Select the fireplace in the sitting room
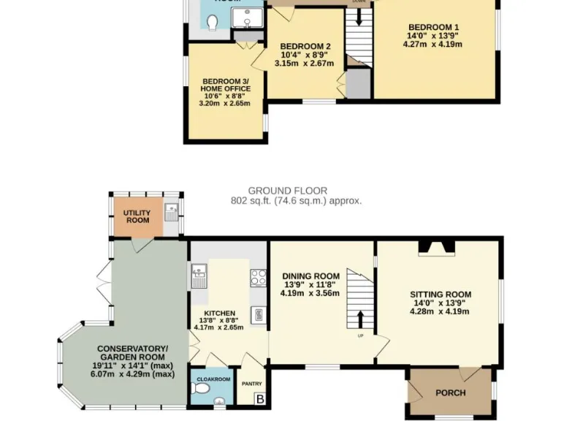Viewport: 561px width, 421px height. point(435,249)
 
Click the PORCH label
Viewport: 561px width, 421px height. point(450,392)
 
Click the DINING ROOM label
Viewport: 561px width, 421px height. point(311,276)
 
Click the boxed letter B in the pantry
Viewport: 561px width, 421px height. point(259,399)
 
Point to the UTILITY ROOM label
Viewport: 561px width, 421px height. point(137,216)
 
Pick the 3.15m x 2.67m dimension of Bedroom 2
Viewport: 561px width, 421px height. point(304,64)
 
